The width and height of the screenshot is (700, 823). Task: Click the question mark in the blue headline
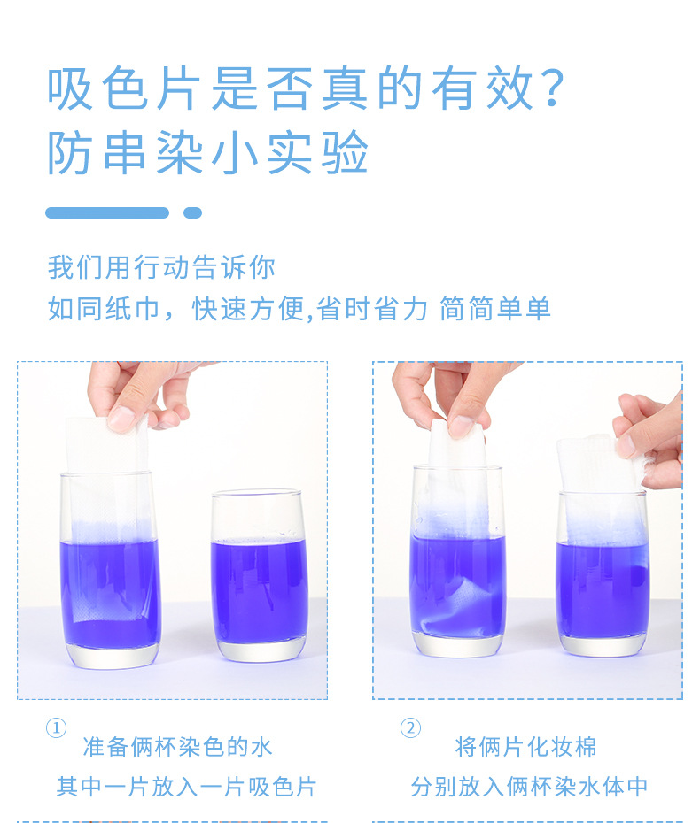click(x=553, y=89)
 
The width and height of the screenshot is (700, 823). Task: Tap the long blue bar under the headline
click(x=107, y=212)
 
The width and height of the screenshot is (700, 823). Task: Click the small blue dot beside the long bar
click(x=192, y=212)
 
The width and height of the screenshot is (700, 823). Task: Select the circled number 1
click(x=56, y=728)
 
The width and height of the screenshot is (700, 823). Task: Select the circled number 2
click(x=410, y=728)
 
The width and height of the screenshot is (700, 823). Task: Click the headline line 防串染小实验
click(x=207, y=153)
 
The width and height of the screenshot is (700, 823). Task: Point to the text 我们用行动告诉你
click(x=161, y=267)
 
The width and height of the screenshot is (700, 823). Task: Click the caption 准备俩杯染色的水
click(x=177, y=747)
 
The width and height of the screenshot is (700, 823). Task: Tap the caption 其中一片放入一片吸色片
click(x=186, y=787)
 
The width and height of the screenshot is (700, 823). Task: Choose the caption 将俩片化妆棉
click(x=526, y=747)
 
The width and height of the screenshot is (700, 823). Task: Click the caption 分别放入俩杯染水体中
click(x=529, y=787)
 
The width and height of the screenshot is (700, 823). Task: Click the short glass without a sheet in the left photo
click(x=259, y=576)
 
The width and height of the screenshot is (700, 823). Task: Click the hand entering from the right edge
click(x=650, y=439)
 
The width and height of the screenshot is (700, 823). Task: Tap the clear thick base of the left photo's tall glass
click(x=113, y=656)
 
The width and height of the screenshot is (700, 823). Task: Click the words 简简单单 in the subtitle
click(x=495, y=308)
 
